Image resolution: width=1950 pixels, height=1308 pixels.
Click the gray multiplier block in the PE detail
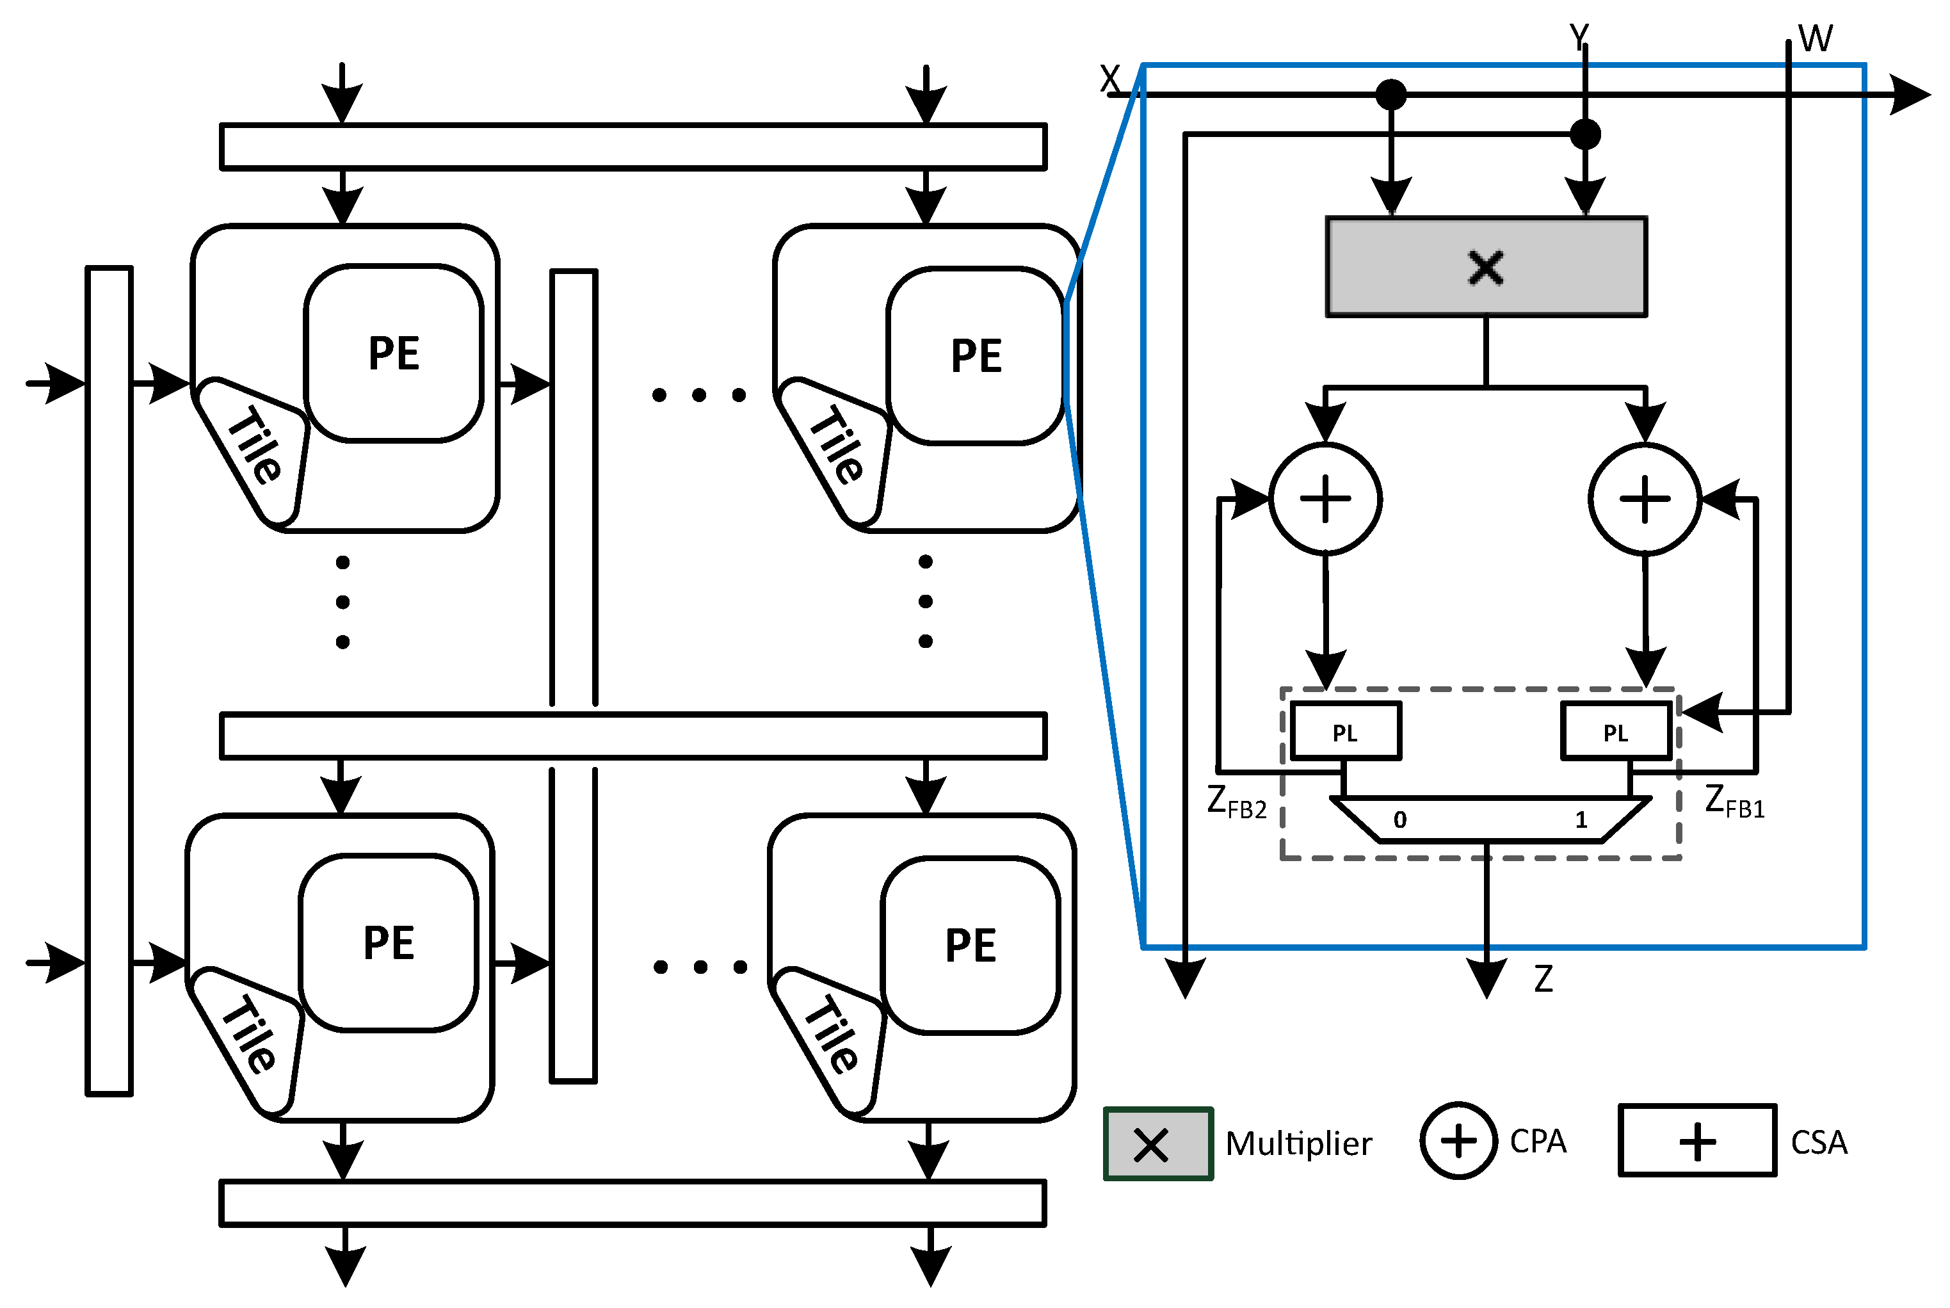1485,267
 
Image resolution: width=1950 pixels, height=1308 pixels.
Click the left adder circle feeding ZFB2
1325,499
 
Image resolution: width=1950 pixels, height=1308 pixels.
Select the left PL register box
1344,732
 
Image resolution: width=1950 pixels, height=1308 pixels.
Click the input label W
1815,38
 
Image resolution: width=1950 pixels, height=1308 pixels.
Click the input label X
1109,79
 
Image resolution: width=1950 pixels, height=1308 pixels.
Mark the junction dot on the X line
1390,94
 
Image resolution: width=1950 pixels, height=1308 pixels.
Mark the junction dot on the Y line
1584,133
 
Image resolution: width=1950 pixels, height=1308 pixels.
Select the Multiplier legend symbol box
1157,1143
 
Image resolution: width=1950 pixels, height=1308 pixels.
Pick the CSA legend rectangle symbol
1696,1140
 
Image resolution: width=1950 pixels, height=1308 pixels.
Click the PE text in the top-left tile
394,353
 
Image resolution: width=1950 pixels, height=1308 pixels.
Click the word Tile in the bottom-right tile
831,1035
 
